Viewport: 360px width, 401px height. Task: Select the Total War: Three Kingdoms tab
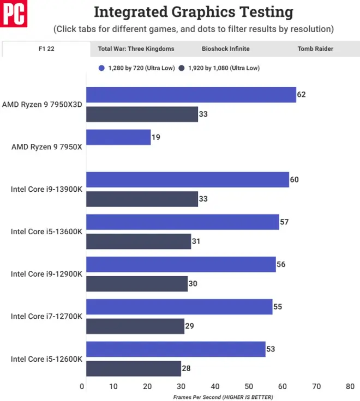tap(136, 49)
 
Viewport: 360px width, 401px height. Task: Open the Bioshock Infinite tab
tap(225, 49)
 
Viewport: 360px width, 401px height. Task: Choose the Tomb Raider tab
tap(315, 49)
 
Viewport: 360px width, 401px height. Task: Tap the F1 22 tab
tap(46, 49)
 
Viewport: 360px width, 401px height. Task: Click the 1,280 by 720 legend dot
tap(102, 68)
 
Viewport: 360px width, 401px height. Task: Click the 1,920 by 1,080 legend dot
tap(182, 68)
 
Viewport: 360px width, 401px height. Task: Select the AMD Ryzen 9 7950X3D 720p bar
tap(191, 95)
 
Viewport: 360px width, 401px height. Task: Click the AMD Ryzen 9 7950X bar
tap(118, 137)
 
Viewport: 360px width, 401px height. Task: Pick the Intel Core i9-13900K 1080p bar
tap(142, 199)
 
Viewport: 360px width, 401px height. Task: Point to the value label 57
tap(284, 222)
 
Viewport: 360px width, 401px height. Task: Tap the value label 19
tap(157, 137)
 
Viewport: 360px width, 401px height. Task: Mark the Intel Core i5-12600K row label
tap(46, 359)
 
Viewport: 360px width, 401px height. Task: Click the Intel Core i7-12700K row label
tap(46, 317)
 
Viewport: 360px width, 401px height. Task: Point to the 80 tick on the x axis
tap(350, 386)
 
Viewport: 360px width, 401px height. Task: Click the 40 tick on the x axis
tap(216, 386)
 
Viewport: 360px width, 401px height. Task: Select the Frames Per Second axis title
tap(223, 397)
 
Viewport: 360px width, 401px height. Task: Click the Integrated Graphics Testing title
tap(194, 12)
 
